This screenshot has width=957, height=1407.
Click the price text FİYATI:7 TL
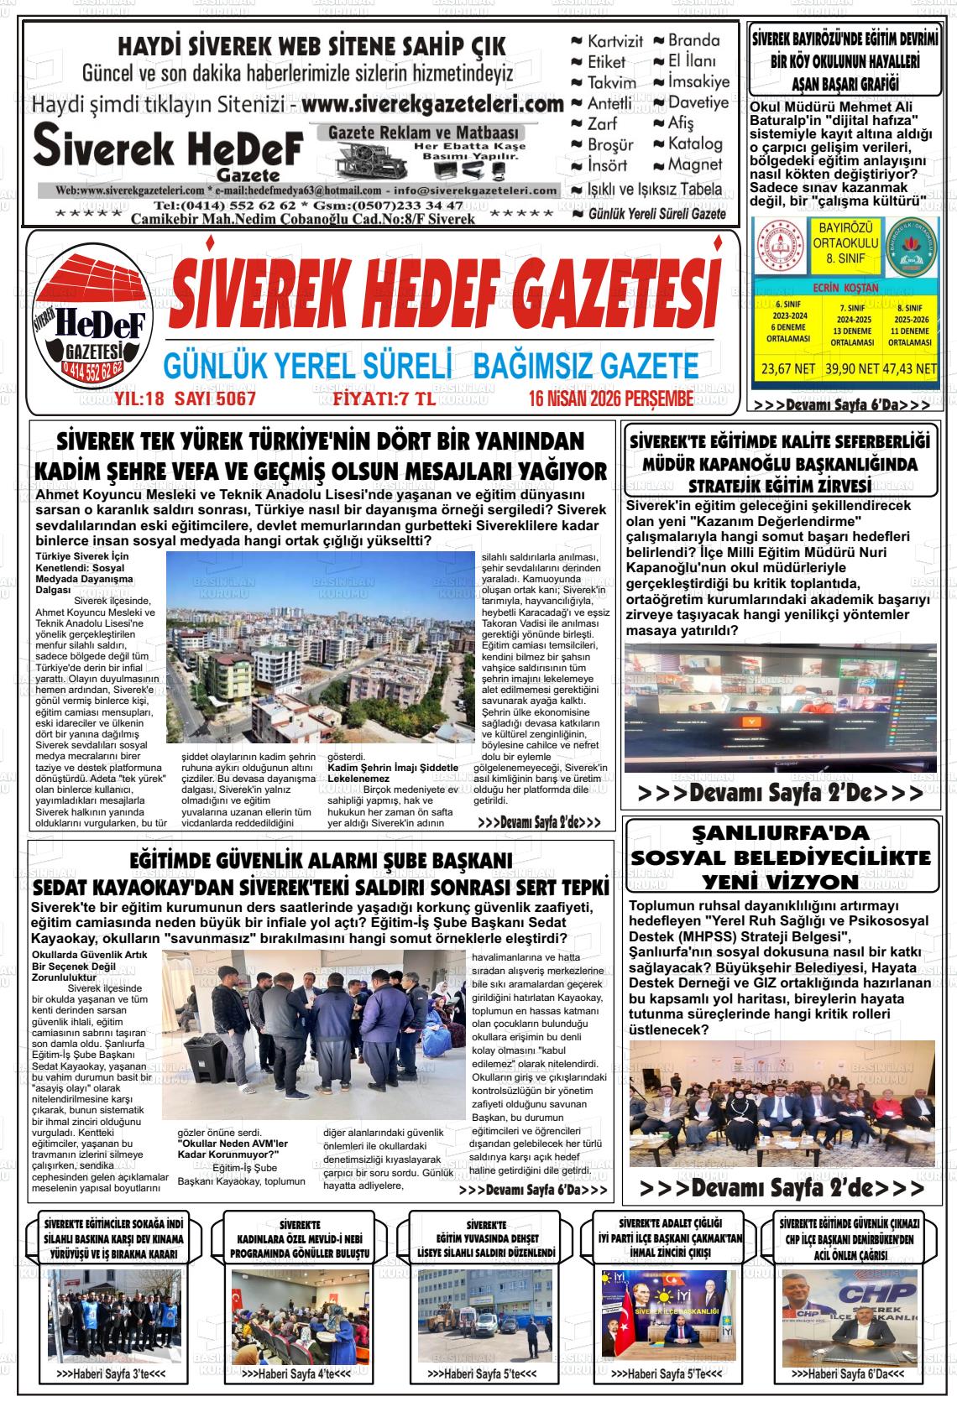click(x=384, y=399)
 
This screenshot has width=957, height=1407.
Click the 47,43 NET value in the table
click(x=911, y=368)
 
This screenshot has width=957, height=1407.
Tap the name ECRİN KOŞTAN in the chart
click(x=846, y=287)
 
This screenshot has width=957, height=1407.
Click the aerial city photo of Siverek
click(x=321, y=647)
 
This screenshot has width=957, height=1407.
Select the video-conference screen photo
click(x=781, y=709)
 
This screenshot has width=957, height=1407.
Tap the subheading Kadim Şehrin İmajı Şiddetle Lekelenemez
click(x=392, y=773)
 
